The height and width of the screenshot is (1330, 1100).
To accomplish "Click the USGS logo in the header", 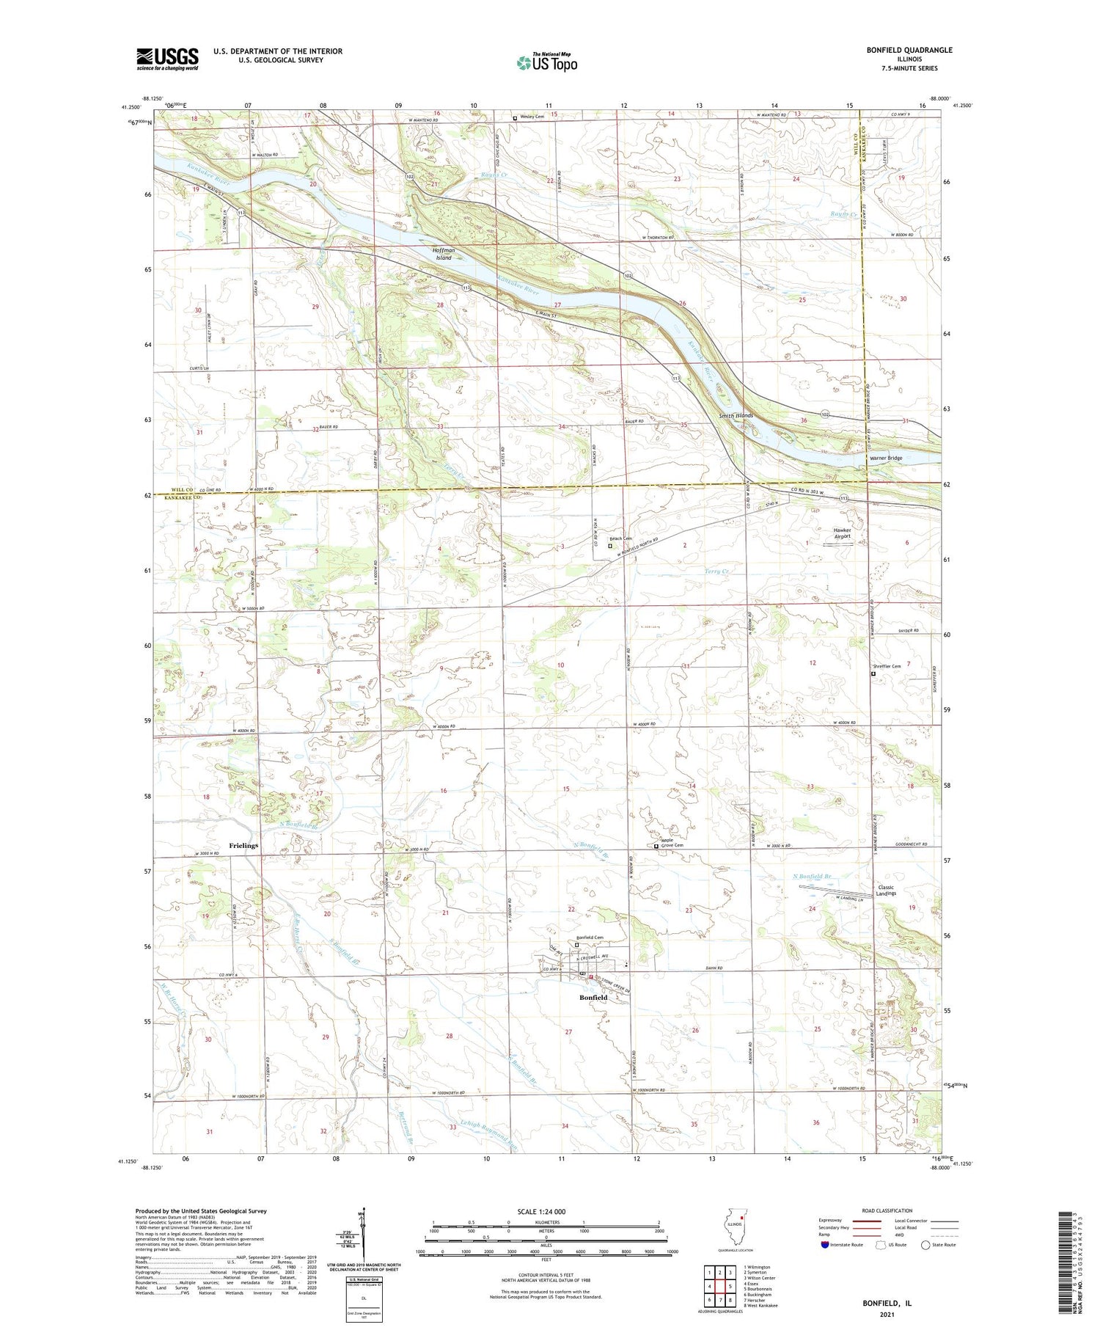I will click(167, 59).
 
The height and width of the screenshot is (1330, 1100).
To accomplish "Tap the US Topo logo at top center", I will click(546, 63).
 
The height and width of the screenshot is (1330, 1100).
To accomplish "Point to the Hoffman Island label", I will click(444, 254).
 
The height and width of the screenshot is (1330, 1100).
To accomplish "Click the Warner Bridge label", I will click(885, 458).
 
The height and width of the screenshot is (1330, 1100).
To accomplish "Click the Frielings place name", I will click(243, 846).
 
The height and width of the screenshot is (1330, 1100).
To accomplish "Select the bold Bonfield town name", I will click(593, 998).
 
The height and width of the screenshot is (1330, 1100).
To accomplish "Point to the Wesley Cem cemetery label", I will click(532, 117).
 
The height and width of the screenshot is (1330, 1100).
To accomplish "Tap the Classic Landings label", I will click(886, 890).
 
